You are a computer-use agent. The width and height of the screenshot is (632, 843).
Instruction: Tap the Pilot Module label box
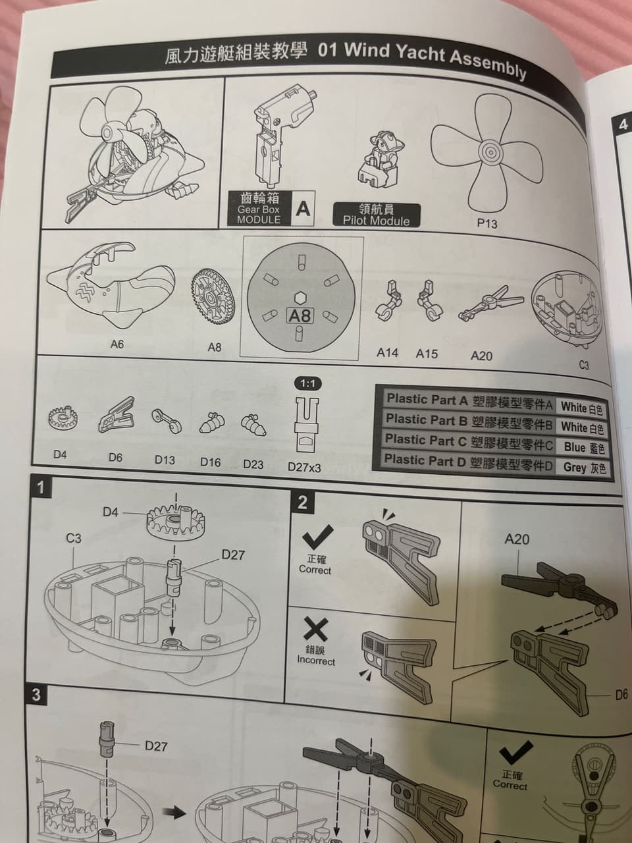(x=377, y=215)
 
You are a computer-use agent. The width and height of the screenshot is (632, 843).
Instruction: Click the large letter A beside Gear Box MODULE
(x=303, y=209)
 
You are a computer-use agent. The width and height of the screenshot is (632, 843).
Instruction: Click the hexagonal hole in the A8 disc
(x=300, y=298)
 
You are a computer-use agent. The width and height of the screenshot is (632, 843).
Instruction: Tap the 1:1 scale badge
(x=308, y=383)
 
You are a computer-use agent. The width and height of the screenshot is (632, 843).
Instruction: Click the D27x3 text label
(x=304, y=468)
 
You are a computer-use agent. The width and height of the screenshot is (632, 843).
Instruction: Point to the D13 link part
(x=166, y=421)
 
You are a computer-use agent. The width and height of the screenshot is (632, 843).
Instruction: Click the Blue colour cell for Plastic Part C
(x=584, y=447)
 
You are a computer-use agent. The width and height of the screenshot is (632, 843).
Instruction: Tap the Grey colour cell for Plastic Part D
(x=584, y=468)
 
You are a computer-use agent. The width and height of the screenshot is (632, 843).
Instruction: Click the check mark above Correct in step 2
(x=318, y=537)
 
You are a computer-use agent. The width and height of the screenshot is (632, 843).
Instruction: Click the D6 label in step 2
(x=621, y=695)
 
